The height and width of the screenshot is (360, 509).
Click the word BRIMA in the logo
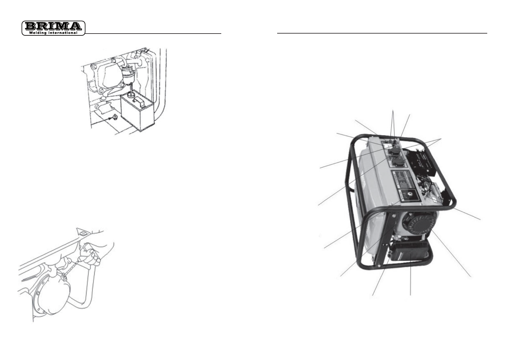click(x=53, y=26)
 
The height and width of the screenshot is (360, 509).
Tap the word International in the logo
click(x=63, y=33)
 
